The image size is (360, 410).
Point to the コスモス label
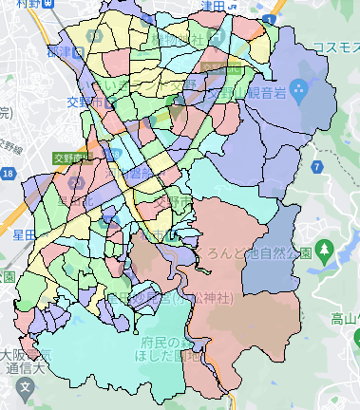(x=333, y=47)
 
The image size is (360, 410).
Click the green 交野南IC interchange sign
(x=71, y=158)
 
